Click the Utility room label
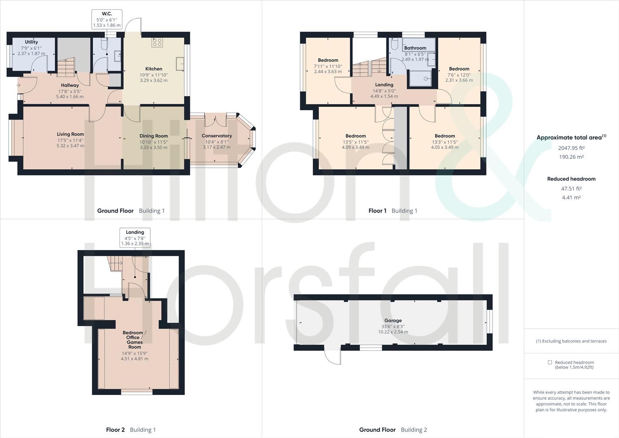click(x=31, y=42)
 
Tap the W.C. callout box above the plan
click(x=107, y=19)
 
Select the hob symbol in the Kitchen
click(x=157, y=42)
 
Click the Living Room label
click(x=70, y=134)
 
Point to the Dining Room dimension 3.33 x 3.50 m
click(x=154, y=148)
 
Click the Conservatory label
click(x=217, y=136)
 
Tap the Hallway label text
click(x=70, y=85)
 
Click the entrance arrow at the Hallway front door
click(x=18, y=85)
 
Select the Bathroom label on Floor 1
click(x=415, y=48)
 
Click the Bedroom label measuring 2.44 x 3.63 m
click(x=328, y=60)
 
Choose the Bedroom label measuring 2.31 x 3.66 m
click(x=459, y=69)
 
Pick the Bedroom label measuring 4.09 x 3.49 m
click(x=355, y=136)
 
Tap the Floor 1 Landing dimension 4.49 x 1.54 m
click(x=384, y=97)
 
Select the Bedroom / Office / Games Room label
click(x=134, y=340)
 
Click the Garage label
click(x=393, y=320)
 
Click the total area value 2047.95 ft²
click(x=571, y=148)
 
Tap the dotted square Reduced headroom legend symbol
click(x=550, y=363)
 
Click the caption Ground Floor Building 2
click(x=393, y=430)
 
